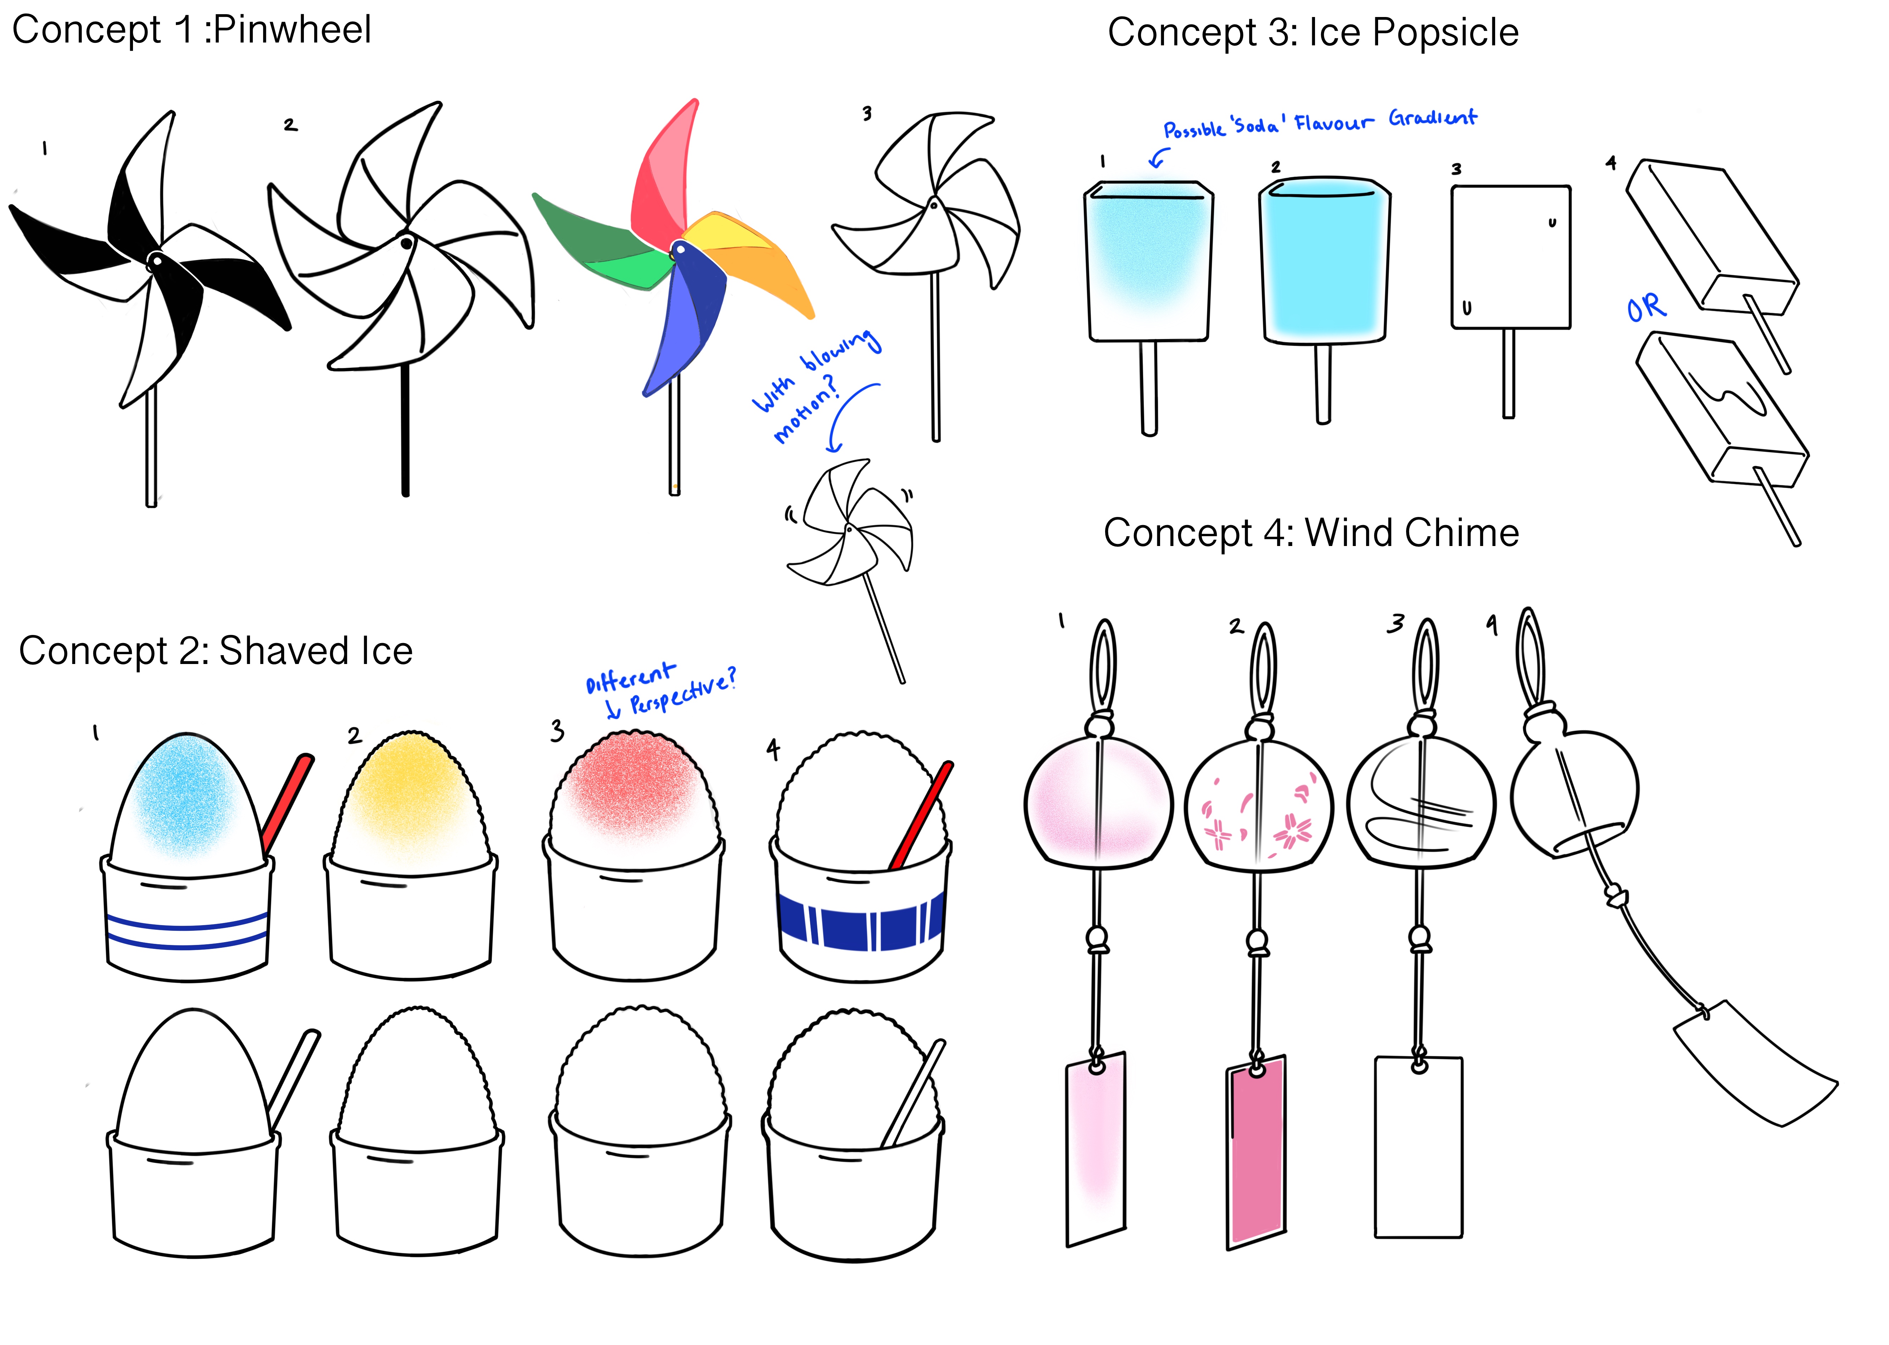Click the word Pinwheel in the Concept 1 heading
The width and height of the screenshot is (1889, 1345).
pyautogui.click(x=292, y=30)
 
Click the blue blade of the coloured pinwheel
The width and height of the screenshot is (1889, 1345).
pyautogui.click(x=684, y=323)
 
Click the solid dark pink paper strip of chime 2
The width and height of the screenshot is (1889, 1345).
pyautogui.click(x=1256, y=1151)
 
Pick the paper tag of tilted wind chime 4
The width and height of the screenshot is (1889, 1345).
pyautogui.click(x=1752, y=1064)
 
